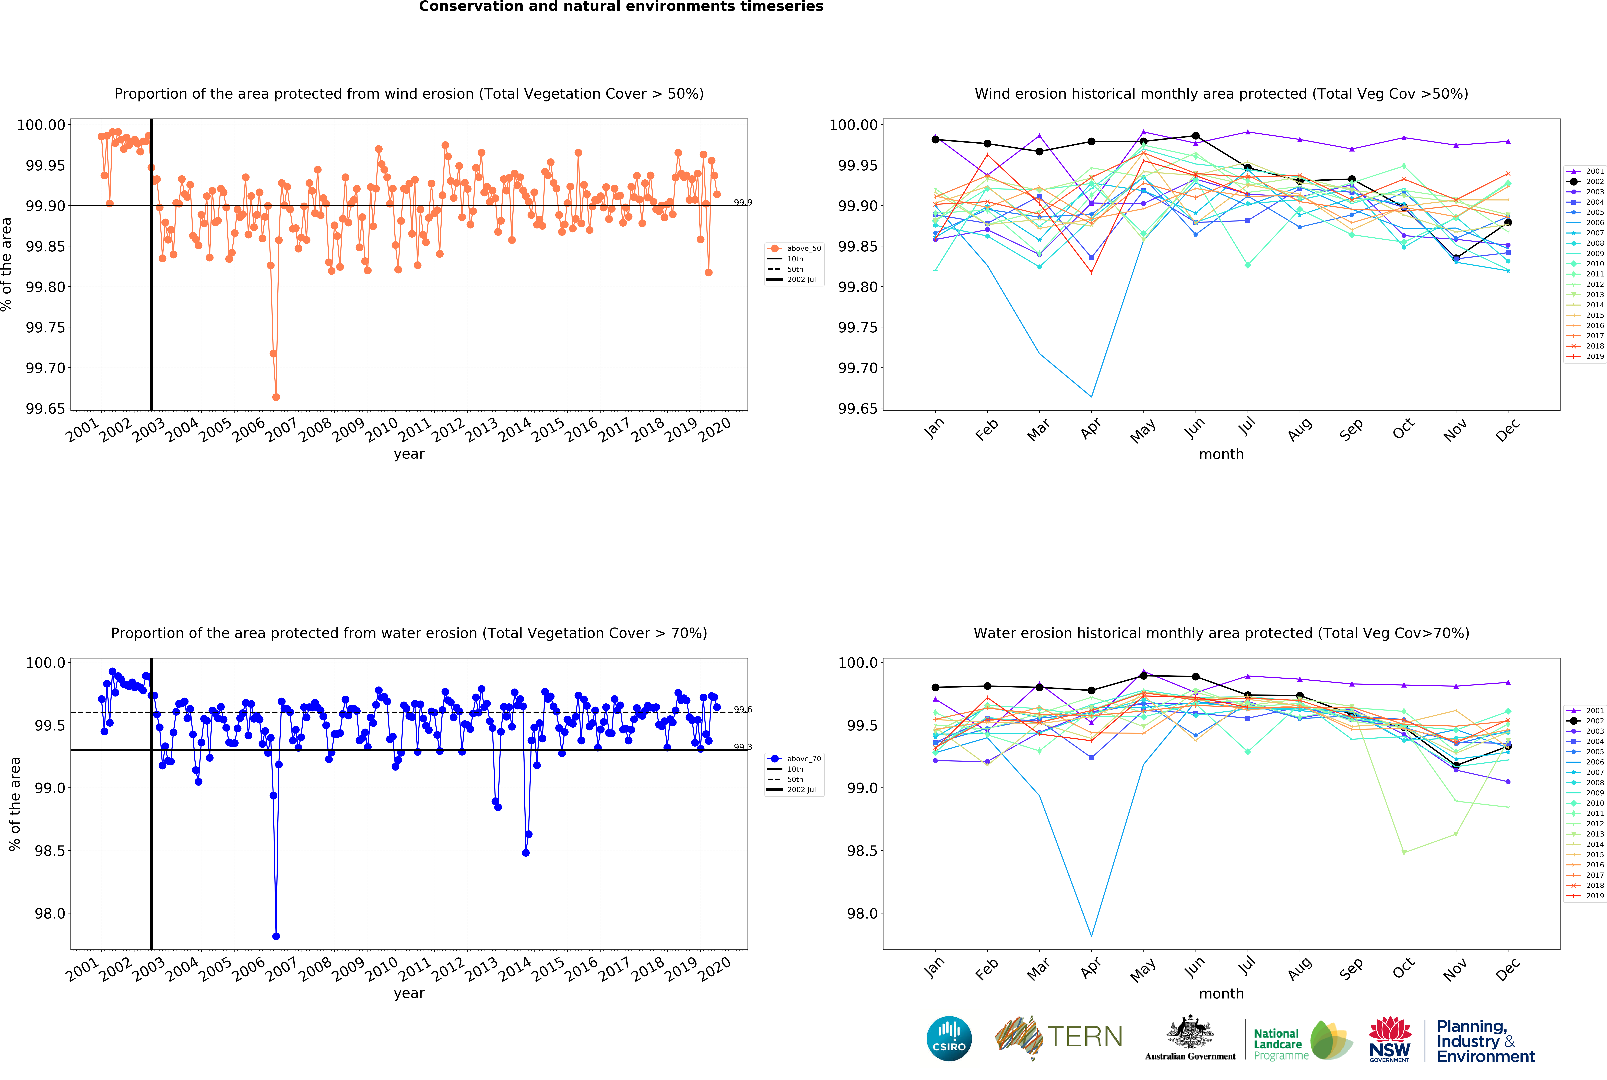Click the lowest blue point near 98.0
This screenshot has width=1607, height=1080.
click(276, 936)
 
